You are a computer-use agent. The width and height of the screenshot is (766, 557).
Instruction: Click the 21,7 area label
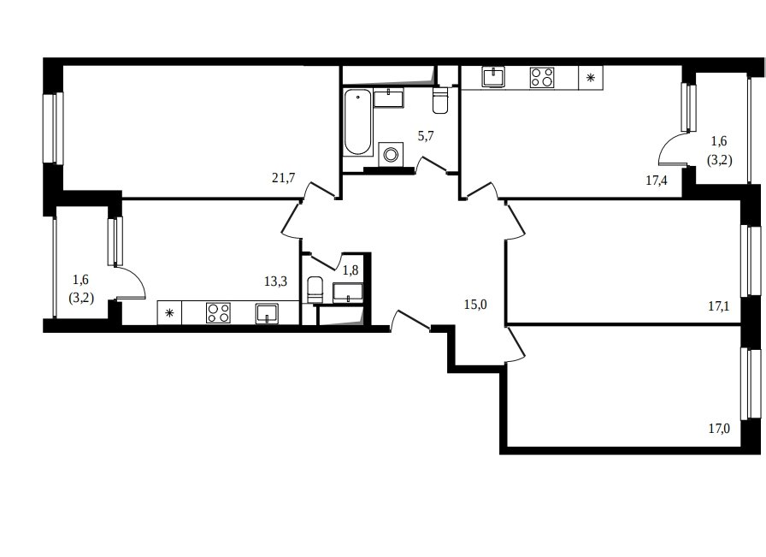pos(283,177)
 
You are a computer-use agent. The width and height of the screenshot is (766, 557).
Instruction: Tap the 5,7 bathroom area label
pos(426,136)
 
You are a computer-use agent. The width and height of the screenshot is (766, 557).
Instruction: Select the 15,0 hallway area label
pos(475,305)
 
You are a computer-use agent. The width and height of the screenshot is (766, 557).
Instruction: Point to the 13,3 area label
pos(275,281)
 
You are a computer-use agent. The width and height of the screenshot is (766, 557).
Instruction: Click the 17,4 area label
pos(657,181)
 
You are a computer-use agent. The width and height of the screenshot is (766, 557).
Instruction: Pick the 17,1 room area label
pos(719,306)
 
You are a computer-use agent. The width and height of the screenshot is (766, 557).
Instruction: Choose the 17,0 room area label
pos(719,429)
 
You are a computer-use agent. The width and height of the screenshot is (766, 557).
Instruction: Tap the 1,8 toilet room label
pos(351,270)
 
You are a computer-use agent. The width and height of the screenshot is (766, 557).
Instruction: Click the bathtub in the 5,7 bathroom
pos(357,122)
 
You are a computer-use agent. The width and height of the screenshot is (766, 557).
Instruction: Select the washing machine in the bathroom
pos(391,155)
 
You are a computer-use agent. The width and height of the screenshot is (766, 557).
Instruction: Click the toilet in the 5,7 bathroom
pos(440,100)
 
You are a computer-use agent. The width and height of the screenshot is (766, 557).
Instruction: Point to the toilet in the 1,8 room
pos(315,289)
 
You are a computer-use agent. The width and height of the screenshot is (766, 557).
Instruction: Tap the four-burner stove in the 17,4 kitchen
pos(542,77)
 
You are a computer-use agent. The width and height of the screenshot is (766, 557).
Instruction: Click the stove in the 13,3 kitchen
pos(218,312)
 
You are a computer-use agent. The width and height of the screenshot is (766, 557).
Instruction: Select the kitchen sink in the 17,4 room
pos(493,77)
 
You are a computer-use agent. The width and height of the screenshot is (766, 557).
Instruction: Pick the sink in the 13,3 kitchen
pos(268,313)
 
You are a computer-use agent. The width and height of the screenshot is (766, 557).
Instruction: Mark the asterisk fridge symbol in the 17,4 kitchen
pos(591,77)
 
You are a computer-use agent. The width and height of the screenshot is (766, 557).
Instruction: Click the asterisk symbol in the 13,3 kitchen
pos(169,313)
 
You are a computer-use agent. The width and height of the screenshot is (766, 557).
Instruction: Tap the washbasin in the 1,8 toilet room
pos(348,292)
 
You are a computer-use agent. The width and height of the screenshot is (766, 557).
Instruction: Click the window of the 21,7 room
pos(53,127)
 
